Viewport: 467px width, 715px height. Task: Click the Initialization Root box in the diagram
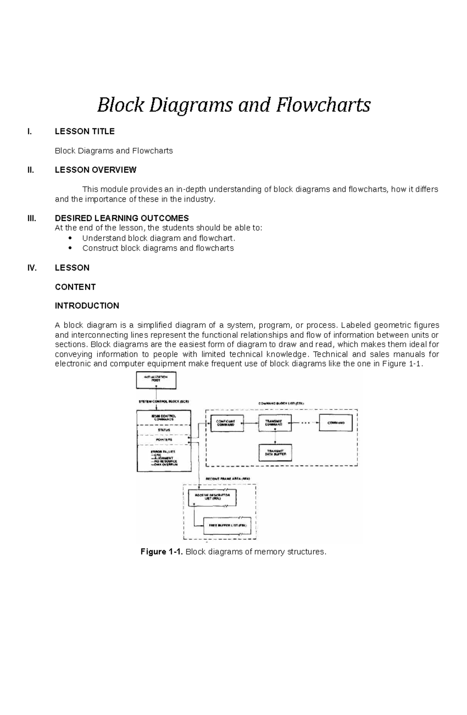pyautogui.click(x=156, y=380)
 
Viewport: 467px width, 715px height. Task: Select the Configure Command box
pyautogui.click(x=227, y=423)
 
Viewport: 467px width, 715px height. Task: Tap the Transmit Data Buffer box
pyautogui.click(x=275, y=452)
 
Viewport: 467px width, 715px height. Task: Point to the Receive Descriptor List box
pyautogui.click(x=212, y=497)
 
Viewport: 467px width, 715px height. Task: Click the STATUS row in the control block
pyautogui.click(x=163, y=430)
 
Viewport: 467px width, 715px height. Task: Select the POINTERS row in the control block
pyautogui.click(x=163, y=440)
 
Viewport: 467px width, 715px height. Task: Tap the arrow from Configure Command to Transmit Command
pyautogui.click(x=251, y=423)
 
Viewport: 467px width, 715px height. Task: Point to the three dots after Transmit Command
pyautogui.click(x=305, y=423)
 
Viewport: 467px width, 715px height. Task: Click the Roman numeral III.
pyautogui.click(x=32, y=218)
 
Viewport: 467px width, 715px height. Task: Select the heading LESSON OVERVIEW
pyautogui.click(x=95, y=170)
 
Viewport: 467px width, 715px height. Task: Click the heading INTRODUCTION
pyautogui.click(x=87, y=306)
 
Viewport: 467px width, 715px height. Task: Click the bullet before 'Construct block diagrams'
pyautogui.click(x=70, y=248)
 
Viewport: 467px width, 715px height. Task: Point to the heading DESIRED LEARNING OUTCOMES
pyautogui.click(x=121, y=218)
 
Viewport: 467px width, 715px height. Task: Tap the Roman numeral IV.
pyautogui.click(x=32, y=268)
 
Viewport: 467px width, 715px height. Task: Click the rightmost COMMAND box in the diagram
pyautogui.click(x=336, y=423)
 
